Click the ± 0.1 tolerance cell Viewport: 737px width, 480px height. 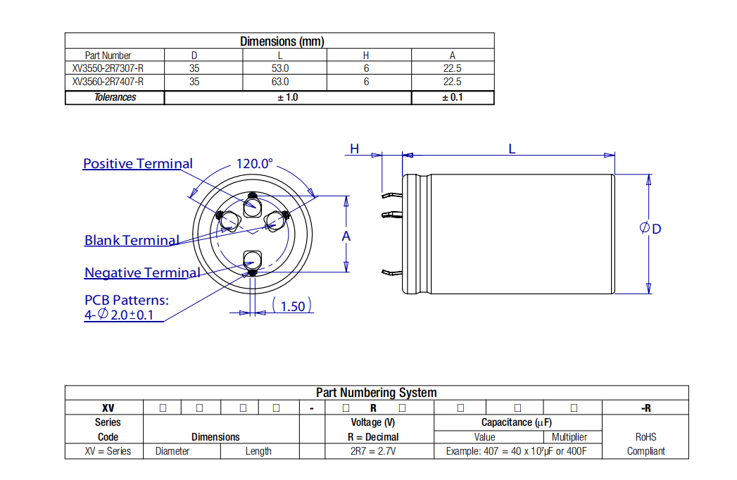coord(452,97)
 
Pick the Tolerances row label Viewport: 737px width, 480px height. coord(115,97)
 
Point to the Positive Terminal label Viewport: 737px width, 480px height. coord(137,164)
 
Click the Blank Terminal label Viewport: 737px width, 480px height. coord(132,241)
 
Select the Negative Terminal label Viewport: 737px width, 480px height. coord(142,273)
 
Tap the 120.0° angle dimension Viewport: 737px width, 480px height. coord(254,164)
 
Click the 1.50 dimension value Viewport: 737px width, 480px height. coord(292,306)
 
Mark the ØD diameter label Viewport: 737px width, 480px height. coord(650,229)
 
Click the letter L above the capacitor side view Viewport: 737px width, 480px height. coord(512,149)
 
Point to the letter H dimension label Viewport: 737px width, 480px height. coord(355,149)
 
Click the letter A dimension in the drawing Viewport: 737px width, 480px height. coord(346,236)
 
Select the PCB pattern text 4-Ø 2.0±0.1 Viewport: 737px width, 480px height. coord(119,315)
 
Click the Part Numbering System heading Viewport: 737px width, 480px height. coord(376,393)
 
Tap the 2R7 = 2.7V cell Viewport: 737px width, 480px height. coord(373,451)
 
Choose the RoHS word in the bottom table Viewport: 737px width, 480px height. coord(645,437)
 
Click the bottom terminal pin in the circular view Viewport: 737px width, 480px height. coord(252,260)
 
